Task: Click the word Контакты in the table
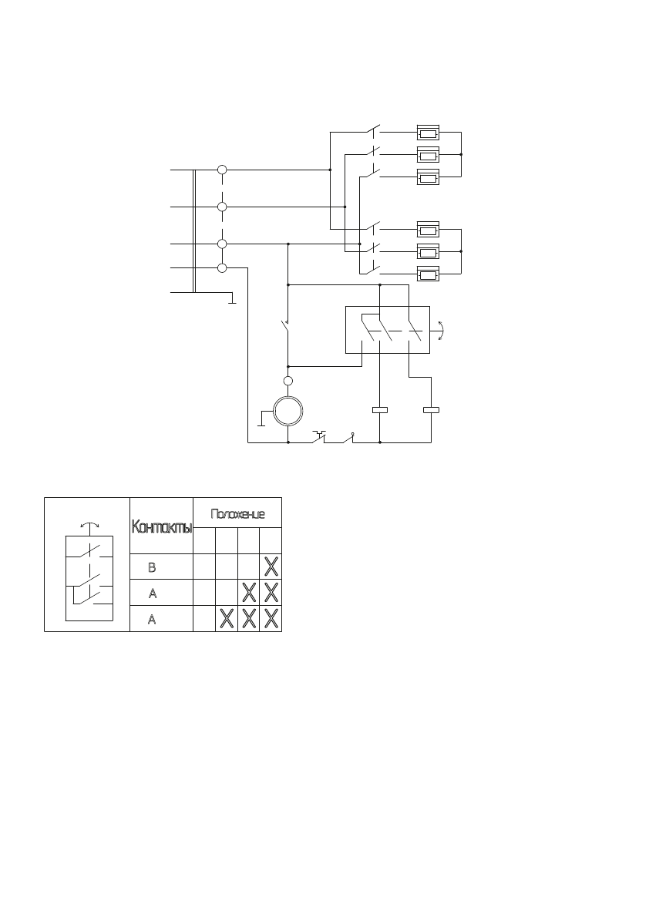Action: pos(161,528)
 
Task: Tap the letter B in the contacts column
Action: pos(152,567)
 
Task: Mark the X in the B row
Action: pos(271,567)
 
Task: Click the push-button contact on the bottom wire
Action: pos(318,439)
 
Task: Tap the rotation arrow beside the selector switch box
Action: pos(440,330)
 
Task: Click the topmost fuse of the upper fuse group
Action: pos(428,132)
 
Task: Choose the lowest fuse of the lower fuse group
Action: pos(428,274)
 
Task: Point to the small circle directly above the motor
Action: pos(288,381)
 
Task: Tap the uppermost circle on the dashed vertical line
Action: pos(222,169)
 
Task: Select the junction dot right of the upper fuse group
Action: pos(461,154)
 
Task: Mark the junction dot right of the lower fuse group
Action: pos(461,251)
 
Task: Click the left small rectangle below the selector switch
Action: pos(380,410)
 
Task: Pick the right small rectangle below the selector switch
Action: pos(431,410)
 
